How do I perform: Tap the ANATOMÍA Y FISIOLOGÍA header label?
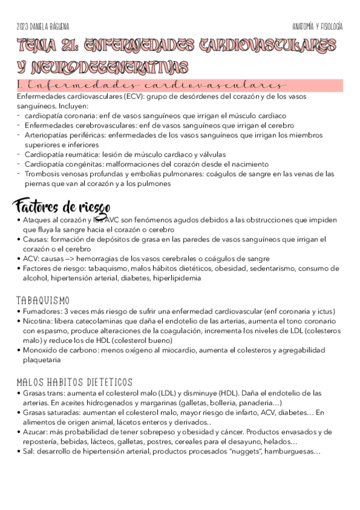(317, 26)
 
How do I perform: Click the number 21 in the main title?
(66, 47)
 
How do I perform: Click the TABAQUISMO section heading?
(43, 300)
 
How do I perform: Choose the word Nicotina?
(40, 321)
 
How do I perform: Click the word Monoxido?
(42, 350)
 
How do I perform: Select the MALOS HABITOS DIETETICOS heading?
(75, 382)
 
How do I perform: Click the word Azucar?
(35, 432)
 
